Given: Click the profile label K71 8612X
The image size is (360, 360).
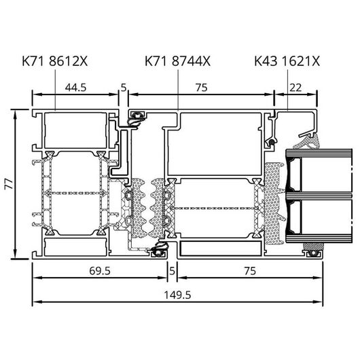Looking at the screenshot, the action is (x=55, y=61).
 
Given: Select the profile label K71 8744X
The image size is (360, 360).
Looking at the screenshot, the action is (x=177, y=61).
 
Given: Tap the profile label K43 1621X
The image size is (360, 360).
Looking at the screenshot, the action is (x=287, y=61).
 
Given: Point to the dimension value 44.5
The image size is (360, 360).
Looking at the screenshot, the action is (x=75, y=88).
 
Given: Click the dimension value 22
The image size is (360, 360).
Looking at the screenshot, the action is (x=295, y=88).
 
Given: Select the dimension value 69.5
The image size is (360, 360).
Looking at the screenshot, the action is (x=100, y=271).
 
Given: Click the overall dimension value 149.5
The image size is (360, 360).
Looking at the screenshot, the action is (x=177, y=295).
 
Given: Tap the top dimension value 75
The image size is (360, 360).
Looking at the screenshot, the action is (x=201, y=88).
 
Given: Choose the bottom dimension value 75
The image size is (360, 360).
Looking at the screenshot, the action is (x=250, y=271).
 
